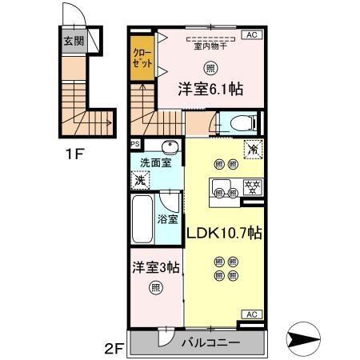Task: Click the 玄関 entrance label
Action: tap(74, 39)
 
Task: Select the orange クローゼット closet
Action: tap(142, 61)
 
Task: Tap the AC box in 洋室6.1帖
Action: tap(251, 35)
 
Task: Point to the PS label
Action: tap(135, 145)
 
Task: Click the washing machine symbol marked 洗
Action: tap(141, 181)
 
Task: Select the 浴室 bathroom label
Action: tap(168, 218)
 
